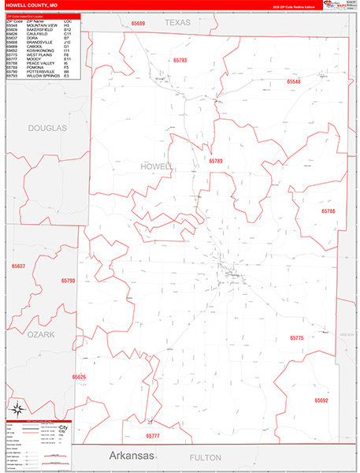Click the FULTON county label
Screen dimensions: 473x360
tap(207, 457)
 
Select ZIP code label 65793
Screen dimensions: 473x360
tap(180, 60)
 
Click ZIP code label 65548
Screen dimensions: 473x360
tap(293, 81)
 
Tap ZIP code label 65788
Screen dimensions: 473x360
tap(328, 211)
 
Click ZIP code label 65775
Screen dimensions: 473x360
tap(296, 337)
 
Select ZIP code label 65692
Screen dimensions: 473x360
tap(321, 400)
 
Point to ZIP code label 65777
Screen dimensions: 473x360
tap(153, 435)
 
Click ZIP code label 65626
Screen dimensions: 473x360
tap(79, 377)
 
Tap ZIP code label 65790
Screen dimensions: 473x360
tap(68, 281)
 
